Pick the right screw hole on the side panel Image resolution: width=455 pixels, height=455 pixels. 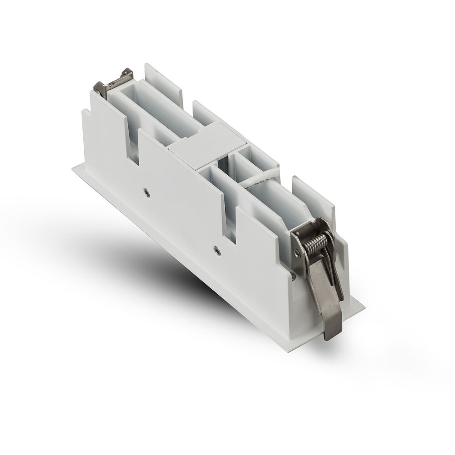pyautogui.click(x=217, y=248)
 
